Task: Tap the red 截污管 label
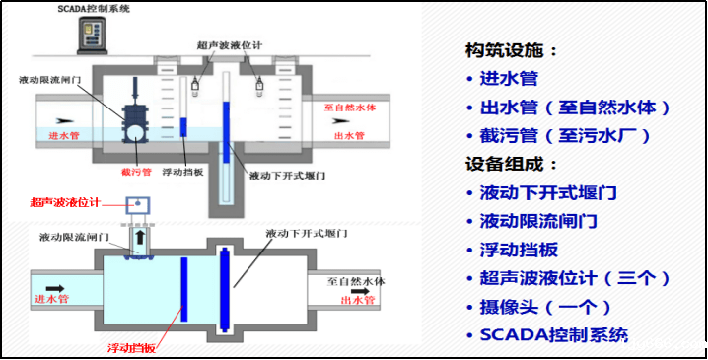[x=136, y=170]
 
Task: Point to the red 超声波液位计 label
[x=65, y=201]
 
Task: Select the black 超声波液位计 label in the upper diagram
[x=229, y=46]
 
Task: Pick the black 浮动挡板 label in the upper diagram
[x=182, y=170]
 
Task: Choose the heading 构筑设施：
[x=512, y=50]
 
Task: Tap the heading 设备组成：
[x=512, y=164]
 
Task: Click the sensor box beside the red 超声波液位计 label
[x=137, y=206]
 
